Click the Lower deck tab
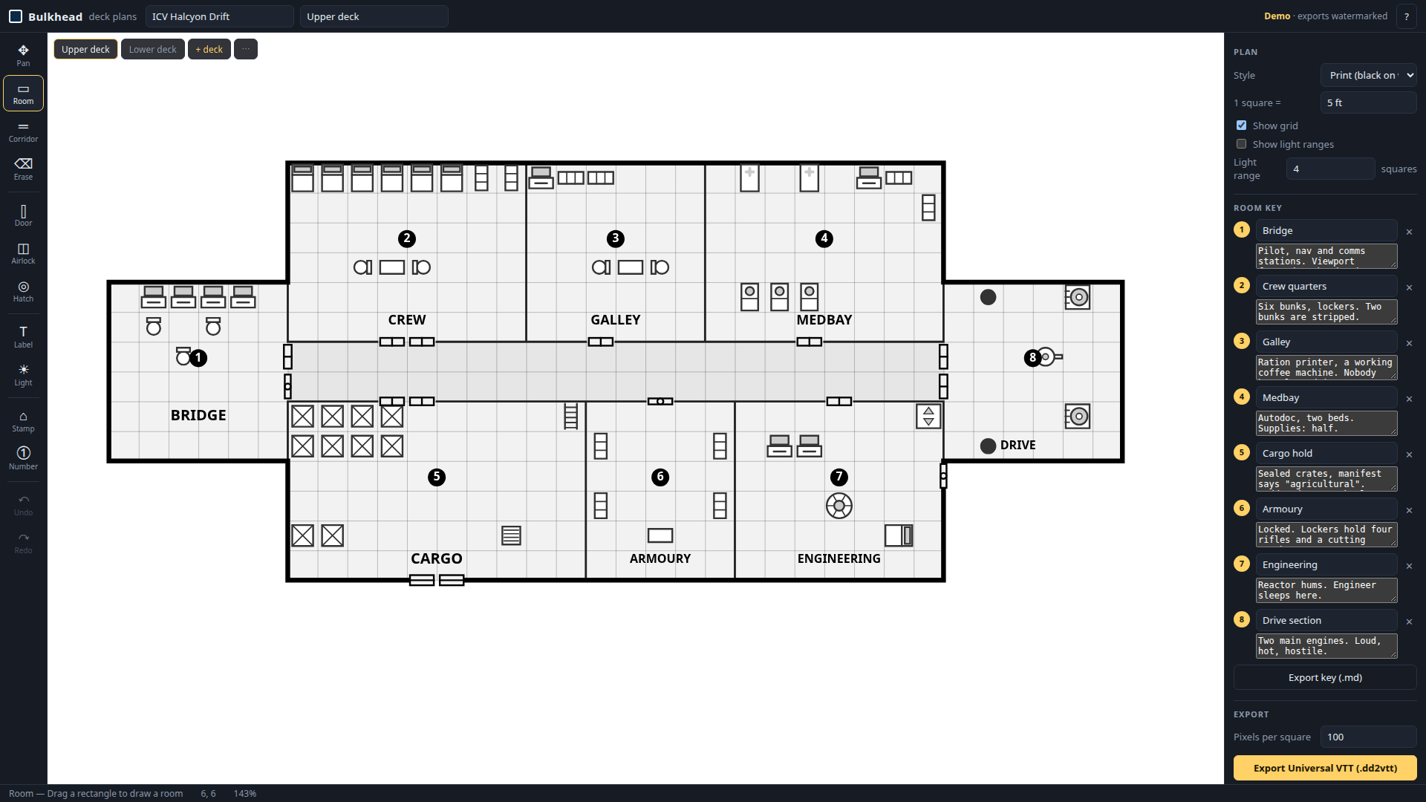click(x=152, y=49)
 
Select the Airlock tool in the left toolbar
click(x=23, y=253)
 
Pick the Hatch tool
click(x=23, y=291)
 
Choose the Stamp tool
click(x=23, y=421)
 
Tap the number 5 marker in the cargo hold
click(x=437, y=477)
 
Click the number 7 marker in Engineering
click(x=839, y=477)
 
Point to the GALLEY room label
click(x=616, y=320)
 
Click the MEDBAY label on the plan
click(x=824, y=320)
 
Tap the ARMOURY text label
click(x=660, y=558)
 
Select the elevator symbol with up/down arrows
click(x=928, y=416)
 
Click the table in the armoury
click(x=660, y=535)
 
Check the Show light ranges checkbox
click(x=1241, y=144)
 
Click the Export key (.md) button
click(x=1325, y=677)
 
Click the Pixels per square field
click(x=1368, y=737)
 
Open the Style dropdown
click(x=1368, y=75)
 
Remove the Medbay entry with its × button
click(x=1409, y=399)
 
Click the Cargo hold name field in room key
click(x=1326, y=453)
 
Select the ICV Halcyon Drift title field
click(x=220, y=16)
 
